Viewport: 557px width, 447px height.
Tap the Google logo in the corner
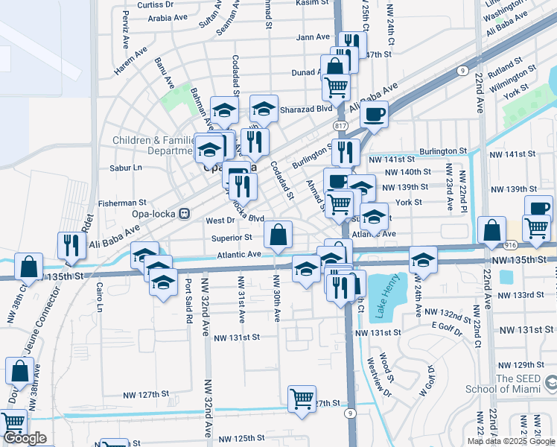pos(25,438)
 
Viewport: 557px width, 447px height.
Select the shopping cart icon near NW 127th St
pos(302,399)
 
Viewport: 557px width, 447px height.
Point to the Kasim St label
pos(311,3)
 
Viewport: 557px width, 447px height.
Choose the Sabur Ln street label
pos(126,168)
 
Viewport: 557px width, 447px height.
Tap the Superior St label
pos(232,238)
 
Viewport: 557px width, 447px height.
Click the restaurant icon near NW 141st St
pos(346,152)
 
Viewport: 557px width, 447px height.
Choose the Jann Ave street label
pos(312,37)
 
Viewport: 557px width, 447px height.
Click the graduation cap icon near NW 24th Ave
pos(423,259)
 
